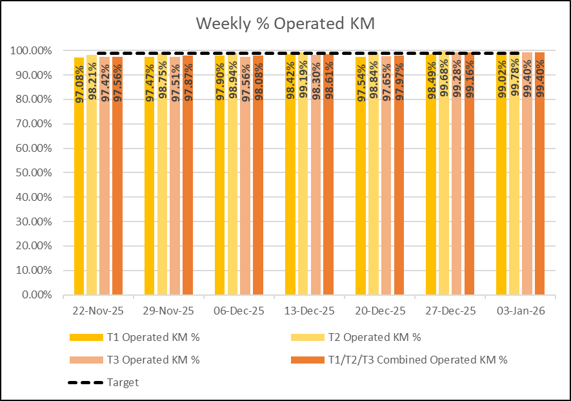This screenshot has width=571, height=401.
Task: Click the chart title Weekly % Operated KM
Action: click(x=285, y=24)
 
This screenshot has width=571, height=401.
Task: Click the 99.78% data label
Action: click(x=514, y=77)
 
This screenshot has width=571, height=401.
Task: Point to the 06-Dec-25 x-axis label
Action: click(x=239, y=311)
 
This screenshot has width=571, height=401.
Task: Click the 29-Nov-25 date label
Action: click(x=168, y=311)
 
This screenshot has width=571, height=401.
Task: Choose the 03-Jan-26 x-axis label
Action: click(x=520, y=311)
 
